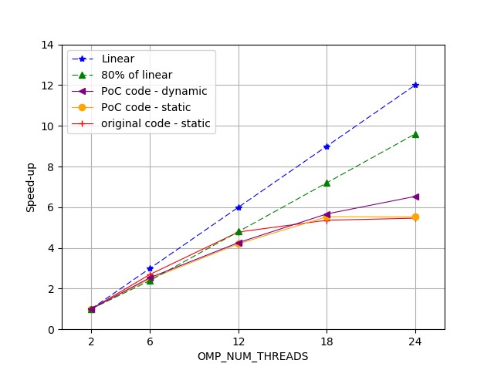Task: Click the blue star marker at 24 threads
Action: point(415,85)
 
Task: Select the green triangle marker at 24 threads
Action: point(415,134)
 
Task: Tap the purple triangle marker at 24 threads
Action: point(415,197)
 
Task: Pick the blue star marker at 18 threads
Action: point(327,146)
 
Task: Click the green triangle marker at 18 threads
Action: point(327,183)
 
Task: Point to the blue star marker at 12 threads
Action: point(239,207)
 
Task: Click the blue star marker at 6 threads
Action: point(150,268)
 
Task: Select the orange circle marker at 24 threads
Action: point(415,217)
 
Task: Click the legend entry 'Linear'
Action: point(117,59)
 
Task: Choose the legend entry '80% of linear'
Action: point(137,75)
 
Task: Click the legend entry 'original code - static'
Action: point(155,123)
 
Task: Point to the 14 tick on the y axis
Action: point(48,45)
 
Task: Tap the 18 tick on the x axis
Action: point(327,341)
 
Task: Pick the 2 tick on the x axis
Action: point(91,341)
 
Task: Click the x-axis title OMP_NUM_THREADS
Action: point(252,356)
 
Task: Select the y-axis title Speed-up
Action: point(31,187)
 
